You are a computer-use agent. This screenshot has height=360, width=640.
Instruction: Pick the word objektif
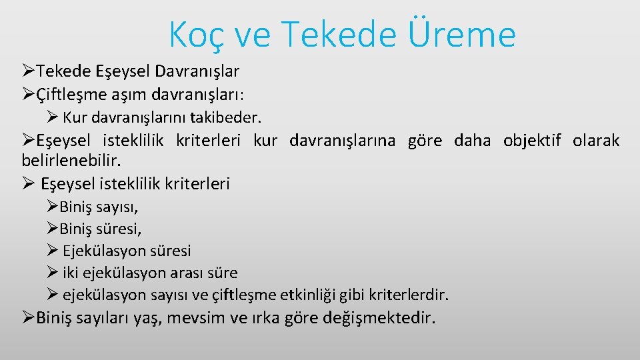pyautogui.click(x=532, y=141)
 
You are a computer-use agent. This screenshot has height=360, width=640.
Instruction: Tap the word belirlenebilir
pyautogui.click(x=62, y=161)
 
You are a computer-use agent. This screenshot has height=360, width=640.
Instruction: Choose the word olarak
pyautogui.click(x=596, y=141)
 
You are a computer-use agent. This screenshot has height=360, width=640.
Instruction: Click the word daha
pyautogui.click(x=472, y=141)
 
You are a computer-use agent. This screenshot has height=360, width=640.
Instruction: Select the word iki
pyautogui.click(x=71, y=273)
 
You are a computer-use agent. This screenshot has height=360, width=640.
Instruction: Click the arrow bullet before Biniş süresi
pyautogui.click(x=53, y=229)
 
